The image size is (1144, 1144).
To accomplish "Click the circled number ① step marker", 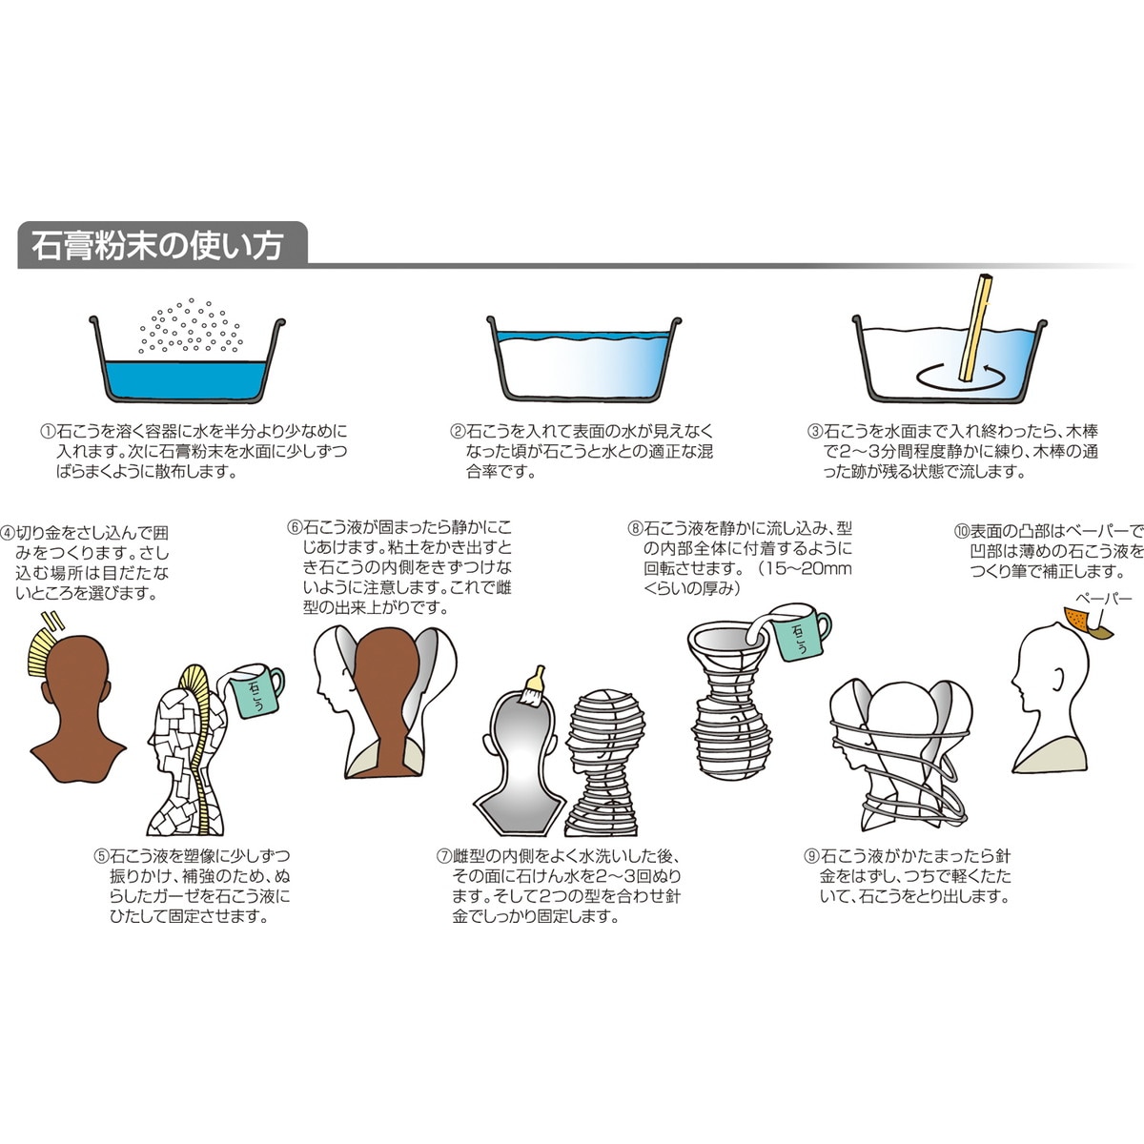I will click(47, 431).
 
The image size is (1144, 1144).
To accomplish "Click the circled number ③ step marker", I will click(815, 431).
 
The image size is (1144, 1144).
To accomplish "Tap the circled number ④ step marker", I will click(9, 532).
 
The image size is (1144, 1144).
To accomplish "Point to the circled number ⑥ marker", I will click(295, 526).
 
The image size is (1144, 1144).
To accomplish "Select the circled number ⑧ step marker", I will click(635, 527).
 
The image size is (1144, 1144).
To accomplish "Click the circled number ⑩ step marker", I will click(962, 531).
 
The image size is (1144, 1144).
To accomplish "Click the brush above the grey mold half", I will click(533, 683).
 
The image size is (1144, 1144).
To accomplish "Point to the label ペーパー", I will click(1103, 599).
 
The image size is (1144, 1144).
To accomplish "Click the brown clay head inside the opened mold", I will click(385, 696).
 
